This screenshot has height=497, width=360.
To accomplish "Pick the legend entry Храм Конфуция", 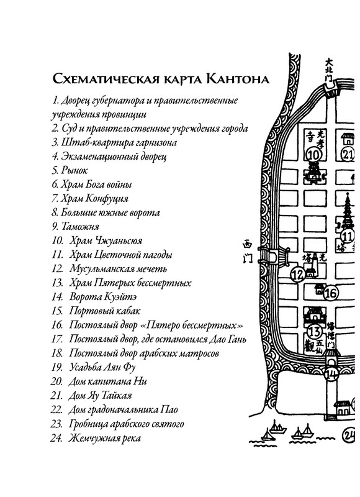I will coord(91,199).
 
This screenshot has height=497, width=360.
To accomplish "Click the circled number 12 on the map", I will coord(297,273).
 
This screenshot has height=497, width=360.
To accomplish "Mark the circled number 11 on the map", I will coord(346,236).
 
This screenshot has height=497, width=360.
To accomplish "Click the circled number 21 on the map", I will coord(349,154).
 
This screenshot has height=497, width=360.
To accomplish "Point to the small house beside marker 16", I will coord(319,289).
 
